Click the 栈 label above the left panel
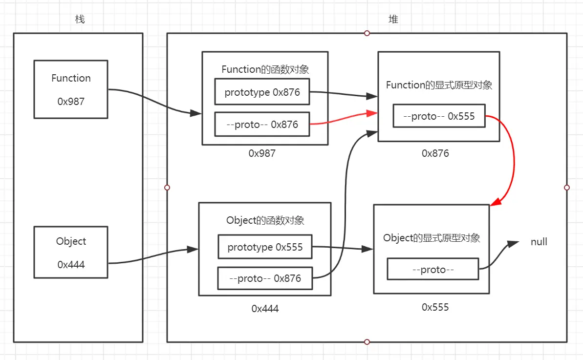coord(80,19)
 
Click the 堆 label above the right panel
coord(393,19)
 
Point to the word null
coord(539,242)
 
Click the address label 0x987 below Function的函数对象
coord(262,153)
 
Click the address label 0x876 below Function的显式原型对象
coord(435,153)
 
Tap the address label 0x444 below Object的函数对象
coord(265,308)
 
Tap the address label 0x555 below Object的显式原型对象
coord(435,307)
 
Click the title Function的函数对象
coord(265,69)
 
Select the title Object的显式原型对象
coord(432,238)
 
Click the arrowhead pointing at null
coord(513,243)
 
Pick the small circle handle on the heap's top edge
coord(367,33)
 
